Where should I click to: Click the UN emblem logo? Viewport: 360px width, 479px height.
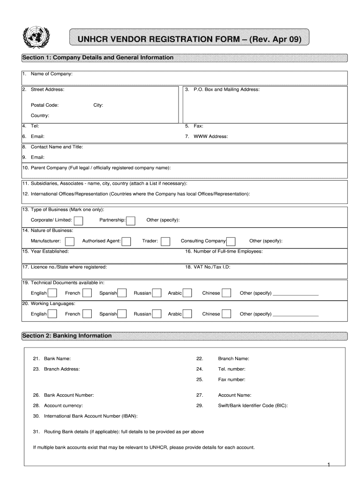click(33, 36)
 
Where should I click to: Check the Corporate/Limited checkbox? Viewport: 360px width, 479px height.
click(79, 220)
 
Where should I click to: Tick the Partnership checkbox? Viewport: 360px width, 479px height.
click(131, 220)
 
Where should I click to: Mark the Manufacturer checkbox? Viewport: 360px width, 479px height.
click(70, 241)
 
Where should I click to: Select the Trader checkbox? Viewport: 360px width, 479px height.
click(166, 241)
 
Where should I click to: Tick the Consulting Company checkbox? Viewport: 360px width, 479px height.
click(230, 241)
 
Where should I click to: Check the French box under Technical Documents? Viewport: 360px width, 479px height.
click(86, 293)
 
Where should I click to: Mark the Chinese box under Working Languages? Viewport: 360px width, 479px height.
click(226, 314)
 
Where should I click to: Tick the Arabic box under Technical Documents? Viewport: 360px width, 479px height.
click(187, 293)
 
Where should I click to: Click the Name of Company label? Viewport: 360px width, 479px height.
click(51, 74)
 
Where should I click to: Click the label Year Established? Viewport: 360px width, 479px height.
click(50, 251)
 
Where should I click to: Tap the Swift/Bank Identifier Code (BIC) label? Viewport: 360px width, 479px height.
click(252, 406)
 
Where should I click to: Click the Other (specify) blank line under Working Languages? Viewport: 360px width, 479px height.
click(295, 316)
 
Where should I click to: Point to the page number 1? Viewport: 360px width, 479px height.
click(329, 464)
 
